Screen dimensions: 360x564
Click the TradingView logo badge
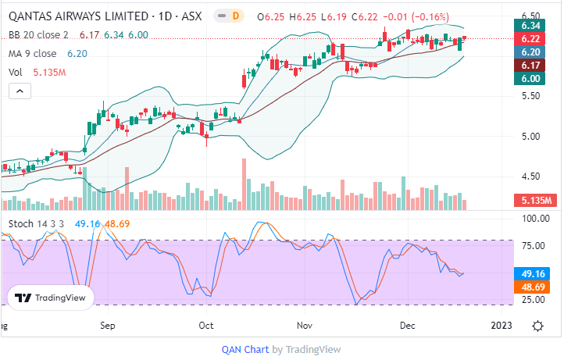(51, 298)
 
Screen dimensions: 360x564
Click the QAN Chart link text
(245, 350)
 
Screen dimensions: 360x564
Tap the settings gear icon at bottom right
(538, 325)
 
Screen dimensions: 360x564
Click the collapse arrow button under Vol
(20, 91)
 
